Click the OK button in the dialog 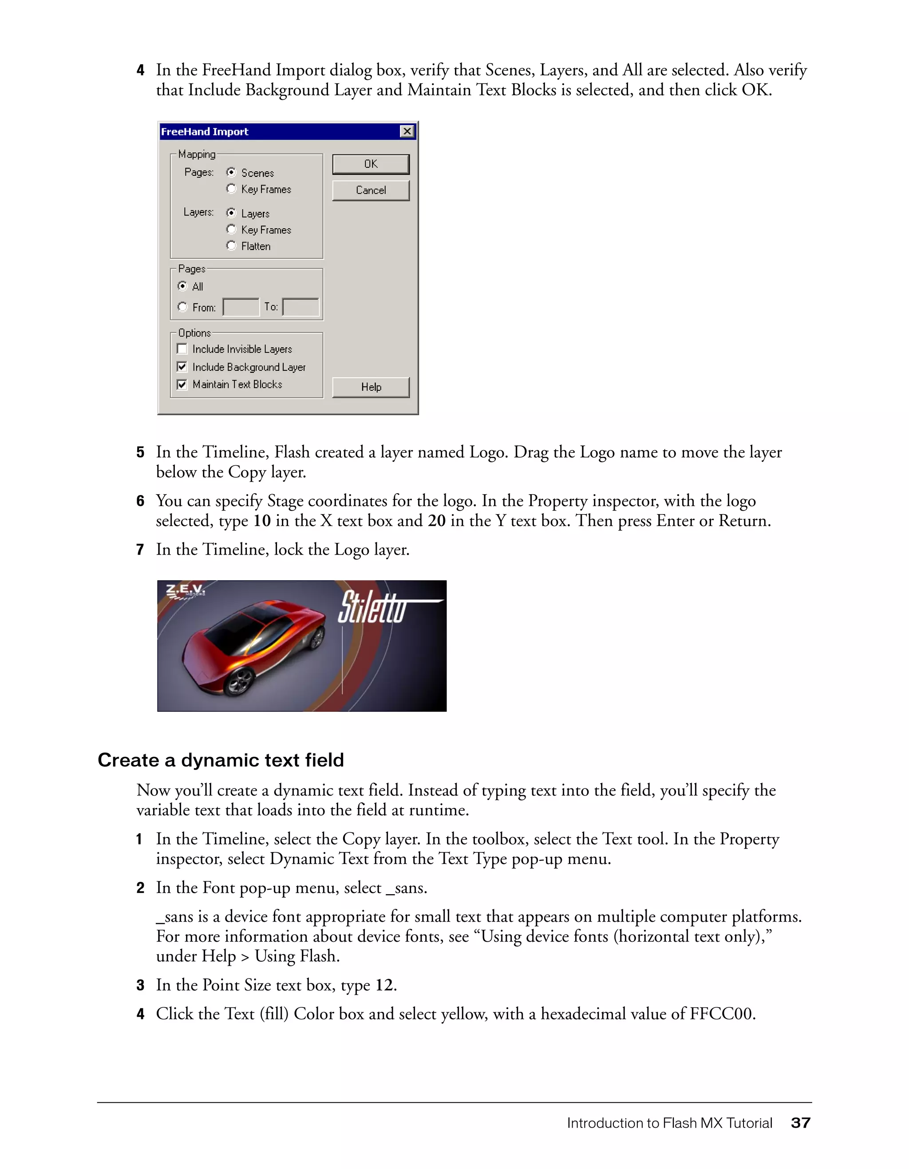370,164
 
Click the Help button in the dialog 370,387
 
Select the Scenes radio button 231,172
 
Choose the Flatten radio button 231,246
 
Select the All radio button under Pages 182,286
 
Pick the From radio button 182,307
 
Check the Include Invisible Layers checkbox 182,349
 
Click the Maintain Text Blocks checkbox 182,384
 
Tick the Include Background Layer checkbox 182,367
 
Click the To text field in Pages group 300,307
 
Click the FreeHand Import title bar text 205,132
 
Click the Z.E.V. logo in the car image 185,591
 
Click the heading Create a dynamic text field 221,760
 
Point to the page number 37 800,1123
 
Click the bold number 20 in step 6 437,521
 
